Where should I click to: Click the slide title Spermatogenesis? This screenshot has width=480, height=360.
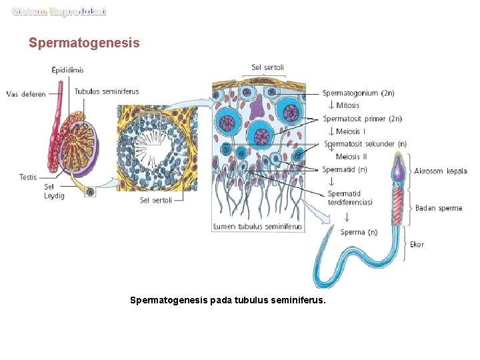(x=84, y=43)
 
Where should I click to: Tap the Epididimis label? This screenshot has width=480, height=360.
(x=68, y=70)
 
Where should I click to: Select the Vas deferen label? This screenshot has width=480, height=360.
(x=26, y=94)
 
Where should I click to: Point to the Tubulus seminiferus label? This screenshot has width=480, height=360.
(x=107, y=91)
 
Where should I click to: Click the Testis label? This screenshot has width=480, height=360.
(x=28, y=177)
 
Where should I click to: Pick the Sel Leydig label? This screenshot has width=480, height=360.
(x=54, y=191)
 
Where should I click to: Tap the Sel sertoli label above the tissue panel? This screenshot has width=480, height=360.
(x=267, y=67)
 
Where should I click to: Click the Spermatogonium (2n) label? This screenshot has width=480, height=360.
(x=359, y=93)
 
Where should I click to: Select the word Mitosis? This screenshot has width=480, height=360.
(x=347, y=105)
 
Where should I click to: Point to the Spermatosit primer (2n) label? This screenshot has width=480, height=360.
(x=362, y=119)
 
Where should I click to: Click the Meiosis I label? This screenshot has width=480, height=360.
(x=351, y=131)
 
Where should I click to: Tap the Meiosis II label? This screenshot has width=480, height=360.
(x=351, y=157)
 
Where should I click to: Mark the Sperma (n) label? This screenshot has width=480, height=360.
(x=359, y=232)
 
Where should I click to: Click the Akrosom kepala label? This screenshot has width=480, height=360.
(x=441, y=171)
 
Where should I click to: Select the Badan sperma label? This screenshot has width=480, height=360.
(x=438, y=208)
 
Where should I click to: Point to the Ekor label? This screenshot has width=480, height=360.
(x=417, y=244)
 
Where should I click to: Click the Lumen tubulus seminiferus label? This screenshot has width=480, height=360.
(x=257, y=227)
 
